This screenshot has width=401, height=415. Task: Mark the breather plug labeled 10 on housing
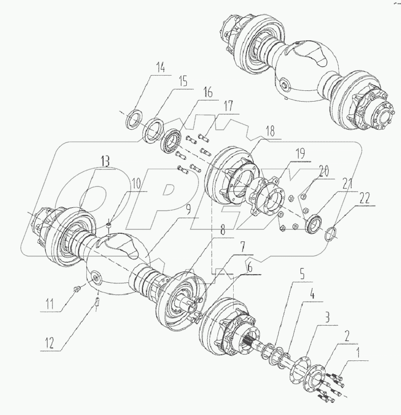(109, 225)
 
